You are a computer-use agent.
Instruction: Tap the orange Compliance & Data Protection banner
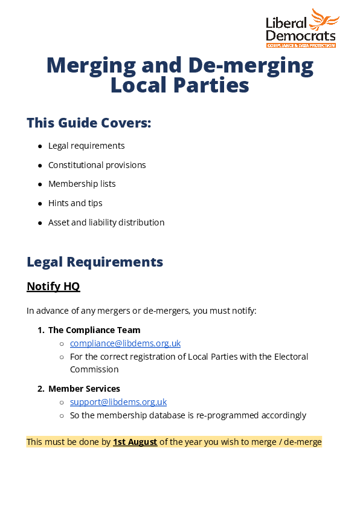pos(301,45)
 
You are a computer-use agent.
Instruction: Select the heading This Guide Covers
pos(89,123)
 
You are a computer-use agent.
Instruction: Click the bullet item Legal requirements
pos(86,146)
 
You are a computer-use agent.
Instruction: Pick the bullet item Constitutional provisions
pos(97,165)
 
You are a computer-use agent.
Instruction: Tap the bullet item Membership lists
pos(82,184)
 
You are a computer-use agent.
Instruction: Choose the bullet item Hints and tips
pos(75,203)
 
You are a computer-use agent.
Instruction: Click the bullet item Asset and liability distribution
pos(106,222)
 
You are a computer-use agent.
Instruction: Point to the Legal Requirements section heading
pos(95,262)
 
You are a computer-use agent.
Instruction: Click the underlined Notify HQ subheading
pos(53,287)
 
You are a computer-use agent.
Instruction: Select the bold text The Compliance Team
pos(94,330)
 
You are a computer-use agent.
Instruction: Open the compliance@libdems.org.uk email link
pos(125,343)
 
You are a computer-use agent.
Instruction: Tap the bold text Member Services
pos(84,389)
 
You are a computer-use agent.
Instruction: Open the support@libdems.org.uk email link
pos(118,402)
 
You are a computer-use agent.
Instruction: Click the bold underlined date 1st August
pos(135,442)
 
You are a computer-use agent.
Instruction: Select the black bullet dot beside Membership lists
pos(40,184)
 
